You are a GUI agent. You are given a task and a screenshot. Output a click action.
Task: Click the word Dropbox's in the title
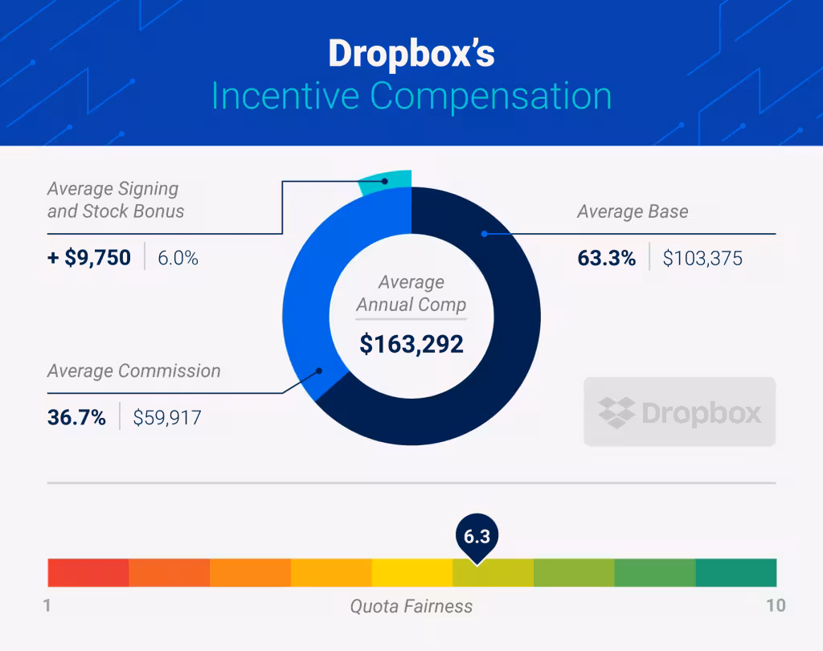(411, 54)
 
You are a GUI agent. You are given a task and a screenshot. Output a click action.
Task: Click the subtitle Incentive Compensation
(411, 96)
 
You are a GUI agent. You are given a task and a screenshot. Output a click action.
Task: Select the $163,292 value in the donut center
(411, 345)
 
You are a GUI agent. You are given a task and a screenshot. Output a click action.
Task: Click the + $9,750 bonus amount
(89, 258)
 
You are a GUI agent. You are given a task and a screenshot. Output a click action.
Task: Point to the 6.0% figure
(178, 259)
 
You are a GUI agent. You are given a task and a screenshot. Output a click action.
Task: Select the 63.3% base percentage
(606, 259)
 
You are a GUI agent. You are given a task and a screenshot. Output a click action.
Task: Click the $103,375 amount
(702, 259)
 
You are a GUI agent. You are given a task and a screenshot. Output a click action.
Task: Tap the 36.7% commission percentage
(76, 417)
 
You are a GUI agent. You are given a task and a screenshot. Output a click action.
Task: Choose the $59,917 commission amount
(167, 418)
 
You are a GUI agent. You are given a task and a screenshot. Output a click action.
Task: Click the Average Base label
(633, 212)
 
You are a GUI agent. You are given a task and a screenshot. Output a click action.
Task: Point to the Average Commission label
(133, 371)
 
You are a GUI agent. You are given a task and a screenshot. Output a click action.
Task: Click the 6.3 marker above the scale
(476, 536)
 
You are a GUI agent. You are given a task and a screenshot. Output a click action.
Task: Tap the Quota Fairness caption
(411, 606)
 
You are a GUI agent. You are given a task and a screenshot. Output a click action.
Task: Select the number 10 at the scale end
(775, 605)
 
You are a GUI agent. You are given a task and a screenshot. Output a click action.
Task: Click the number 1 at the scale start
(47, 605)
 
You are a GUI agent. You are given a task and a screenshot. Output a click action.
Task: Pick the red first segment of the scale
(88, 572)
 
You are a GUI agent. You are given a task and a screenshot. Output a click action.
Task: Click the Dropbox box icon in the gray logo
(616, 412)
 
